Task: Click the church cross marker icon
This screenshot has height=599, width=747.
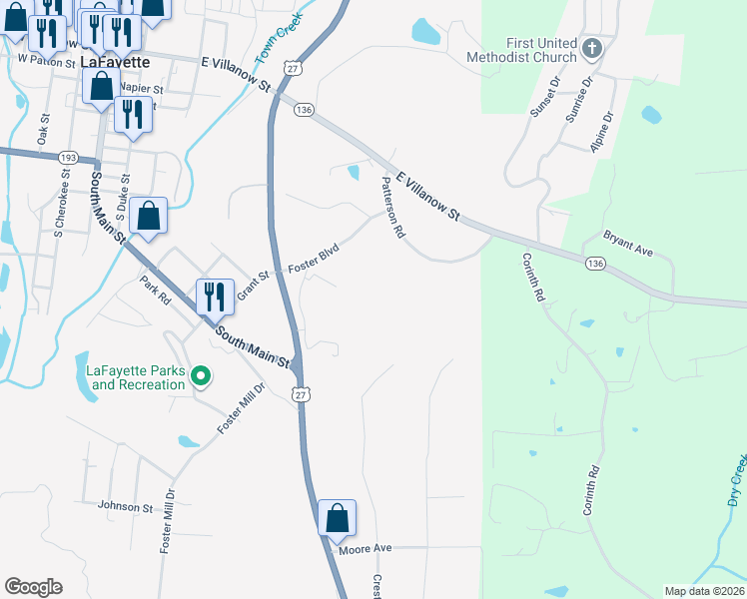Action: [593, 47]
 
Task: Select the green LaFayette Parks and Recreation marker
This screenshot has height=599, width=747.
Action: [201, 376]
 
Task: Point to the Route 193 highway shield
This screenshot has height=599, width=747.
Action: [68, 158]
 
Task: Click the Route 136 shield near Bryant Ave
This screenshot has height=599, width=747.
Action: [595, 263]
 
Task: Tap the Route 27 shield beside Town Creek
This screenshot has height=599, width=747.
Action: [292, 67]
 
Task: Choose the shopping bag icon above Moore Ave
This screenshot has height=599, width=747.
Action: [337, 518]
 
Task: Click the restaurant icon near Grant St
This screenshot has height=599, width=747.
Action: [215, 297]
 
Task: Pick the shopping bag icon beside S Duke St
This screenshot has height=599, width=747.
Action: [148, 216]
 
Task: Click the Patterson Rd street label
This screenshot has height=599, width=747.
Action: [392, 208]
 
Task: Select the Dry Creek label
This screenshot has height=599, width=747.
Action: [734, 480]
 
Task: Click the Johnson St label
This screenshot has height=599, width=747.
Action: [125, 506]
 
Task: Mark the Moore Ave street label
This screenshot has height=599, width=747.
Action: [365, 549]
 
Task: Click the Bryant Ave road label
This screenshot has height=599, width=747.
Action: [626, 244]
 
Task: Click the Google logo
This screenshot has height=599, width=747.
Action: [33, 587]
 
